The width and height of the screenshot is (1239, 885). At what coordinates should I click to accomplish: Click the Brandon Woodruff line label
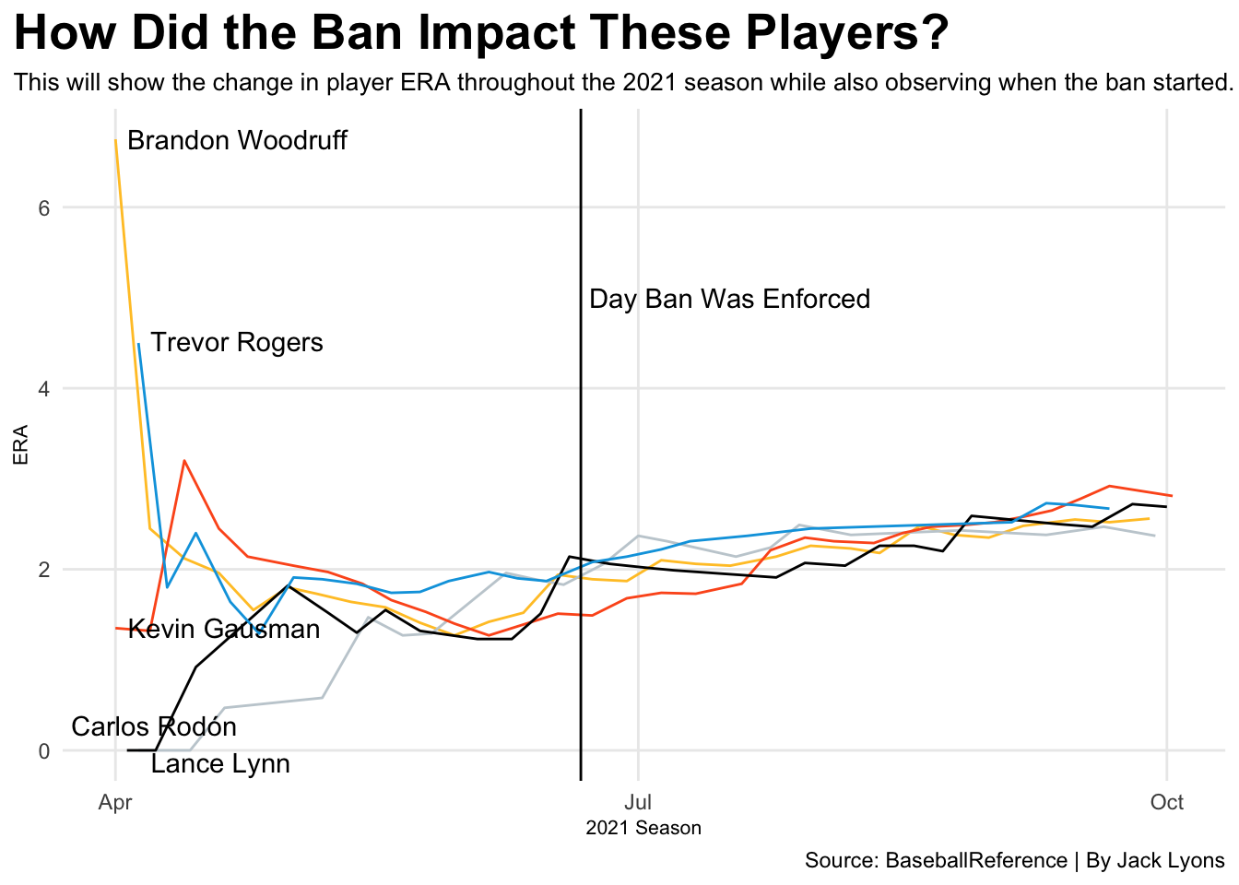[x=237, y=141]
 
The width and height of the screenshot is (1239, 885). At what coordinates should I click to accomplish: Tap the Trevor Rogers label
[x=237, y=343]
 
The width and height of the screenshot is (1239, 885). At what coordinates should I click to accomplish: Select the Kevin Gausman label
[x=224, y=630]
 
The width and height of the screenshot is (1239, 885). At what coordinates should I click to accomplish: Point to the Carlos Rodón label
[x=154, y=727]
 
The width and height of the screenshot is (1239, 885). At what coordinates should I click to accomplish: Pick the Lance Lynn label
[x=220, y=764]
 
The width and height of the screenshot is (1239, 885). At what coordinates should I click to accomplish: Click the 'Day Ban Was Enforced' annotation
[x=729, y=300]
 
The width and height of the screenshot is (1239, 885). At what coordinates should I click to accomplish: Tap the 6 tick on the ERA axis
[x=43, y=208]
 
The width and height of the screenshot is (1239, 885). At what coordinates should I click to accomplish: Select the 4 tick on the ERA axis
[x=43, y=389]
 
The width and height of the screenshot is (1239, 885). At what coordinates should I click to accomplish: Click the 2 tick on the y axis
[x=43, y=570]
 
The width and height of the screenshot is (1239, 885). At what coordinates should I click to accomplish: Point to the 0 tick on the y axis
[x=43, y=750]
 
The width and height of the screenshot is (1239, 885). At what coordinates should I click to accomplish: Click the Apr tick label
[x=115, y=803]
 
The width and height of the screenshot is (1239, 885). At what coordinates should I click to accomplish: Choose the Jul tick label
[x=638, y=803]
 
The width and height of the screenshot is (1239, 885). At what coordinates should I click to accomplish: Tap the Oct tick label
[x=1167, y=803]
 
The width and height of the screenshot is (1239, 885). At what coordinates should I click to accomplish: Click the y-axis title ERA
[x=20, y=444]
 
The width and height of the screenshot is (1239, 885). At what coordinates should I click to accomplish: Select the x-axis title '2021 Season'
[x=643, y=829]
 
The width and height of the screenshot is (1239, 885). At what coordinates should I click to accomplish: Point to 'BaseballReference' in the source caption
[x=976, y=861]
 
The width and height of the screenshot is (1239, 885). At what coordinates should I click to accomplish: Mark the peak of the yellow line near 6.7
[x=115, y=141]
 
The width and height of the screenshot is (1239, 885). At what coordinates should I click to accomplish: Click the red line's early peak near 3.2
[x=184, y=460]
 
